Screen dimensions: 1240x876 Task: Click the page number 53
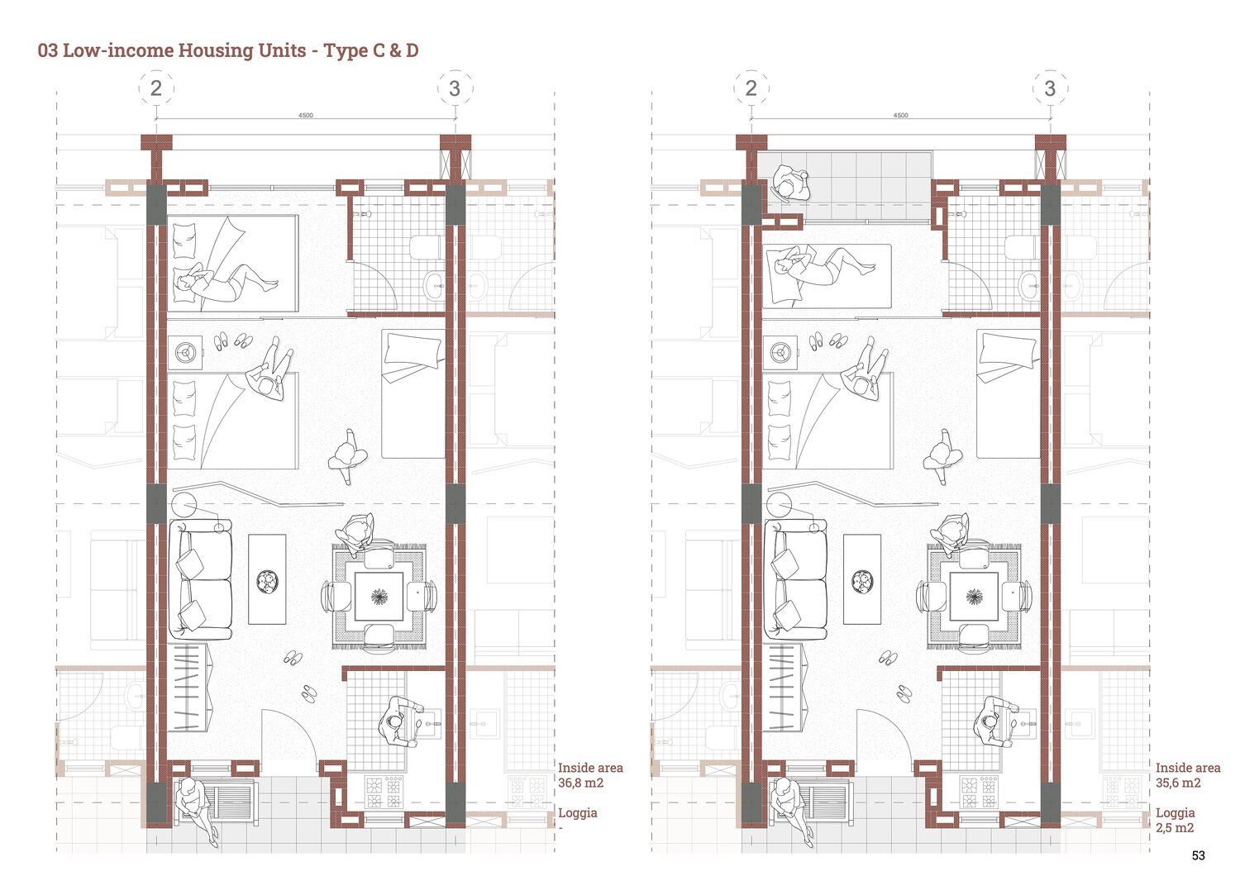coord(1198,855)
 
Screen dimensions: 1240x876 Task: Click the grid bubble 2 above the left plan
coord(156,88)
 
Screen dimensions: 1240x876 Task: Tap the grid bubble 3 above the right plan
coord(1050,88)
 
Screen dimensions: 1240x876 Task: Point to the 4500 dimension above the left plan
coord(306,115)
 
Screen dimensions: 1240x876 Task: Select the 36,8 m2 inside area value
coord(580,783)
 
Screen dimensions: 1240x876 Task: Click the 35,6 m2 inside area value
coord(1178,783)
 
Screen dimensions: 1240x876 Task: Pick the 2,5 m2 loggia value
coord(1174,828)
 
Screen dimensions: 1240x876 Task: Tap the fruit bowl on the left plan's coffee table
coord(267,582)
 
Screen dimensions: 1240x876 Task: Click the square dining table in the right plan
coord(974,596)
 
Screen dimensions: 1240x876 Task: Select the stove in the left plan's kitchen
coord(384,792)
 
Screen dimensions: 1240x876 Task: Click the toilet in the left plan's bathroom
coord(427,247)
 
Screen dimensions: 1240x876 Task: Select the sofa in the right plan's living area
coord(795,580)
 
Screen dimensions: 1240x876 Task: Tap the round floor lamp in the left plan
coord(185,507)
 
